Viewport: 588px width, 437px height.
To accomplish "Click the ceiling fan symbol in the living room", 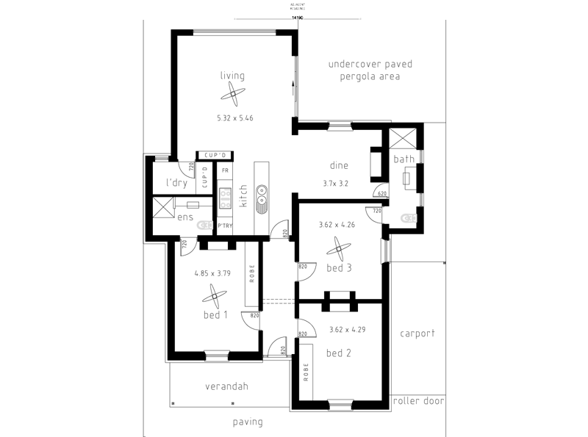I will pyautogui.click(x=234, y=93).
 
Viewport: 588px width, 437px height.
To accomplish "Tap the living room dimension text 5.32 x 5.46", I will pyautogui.click(x=234, y=118).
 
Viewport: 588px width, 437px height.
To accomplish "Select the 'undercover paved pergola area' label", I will pyautogui.click(x=370, y=70).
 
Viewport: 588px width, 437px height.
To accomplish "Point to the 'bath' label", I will pyautogui.click(x=404, y=159).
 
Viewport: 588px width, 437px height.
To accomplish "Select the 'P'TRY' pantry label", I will pyautogui.click(x=223, y=225).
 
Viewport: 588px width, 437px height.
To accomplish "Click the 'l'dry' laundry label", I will pyautogui.click(x=176, y=182).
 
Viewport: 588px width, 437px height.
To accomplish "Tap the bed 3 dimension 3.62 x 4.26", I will pyautogui.click(x=337, y=225).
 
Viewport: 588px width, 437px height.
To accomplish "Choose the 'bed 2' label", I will pyautogui.click(x=338, y=353).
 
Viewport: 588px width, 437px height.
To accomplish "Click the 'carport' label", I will pyautogui.click(x=417, y=333).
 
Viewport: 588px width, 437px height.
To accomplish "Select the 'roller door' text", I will pyautogui.click(x=418, y=401).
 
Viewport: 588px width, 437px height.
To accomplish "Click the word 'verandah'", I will pyautogui.click(x=226, y=386).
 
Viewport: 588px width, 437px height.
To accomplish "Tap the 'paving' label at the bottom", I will pyautogui.click(x=248, y=422).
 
